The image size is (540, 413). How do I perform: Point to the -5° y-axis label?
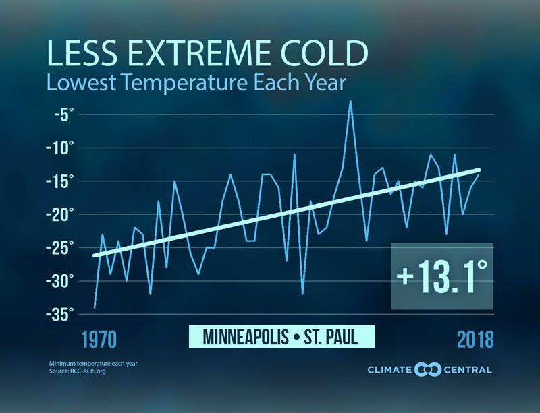click(x=67, y=115)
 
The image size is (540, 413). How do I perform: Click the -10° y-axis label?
click(x=64, y=148)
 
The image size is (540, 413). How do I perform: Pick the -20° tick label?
click(x=64, y=214)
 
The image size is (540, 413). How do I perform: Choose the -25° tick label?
click(x=64, y=247)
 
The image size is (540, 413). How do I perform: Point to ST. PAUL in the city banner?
click(x=335, y=337)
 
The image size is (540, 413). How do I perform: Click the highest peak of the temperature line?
click(x=350, y=102)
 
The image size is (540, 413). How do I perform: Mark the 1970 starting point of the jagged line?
click(x=94, y=307)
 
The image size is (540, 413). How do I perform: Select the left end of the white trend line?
click(x=94, y=255)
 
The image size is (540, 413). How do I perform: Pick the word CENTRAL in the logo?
click(x=467, y=369)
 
